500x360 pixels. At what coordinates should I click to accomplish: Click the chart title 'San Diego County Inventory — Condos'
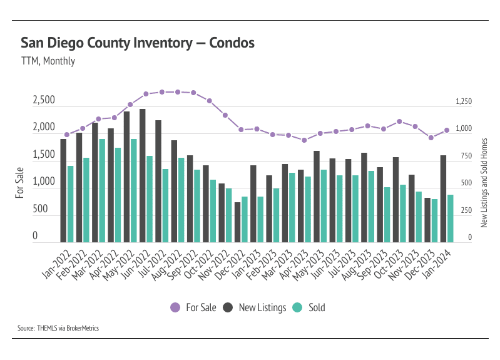pos(138,43)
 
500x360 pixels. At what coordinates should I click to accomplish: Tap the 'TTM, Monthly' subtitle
pos(48,61)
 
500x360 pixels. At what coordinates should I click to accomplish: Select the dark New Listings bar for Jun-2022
pos(143,175)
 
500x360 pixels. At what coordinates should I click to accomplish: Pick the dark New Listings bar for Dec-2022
pos(238,222)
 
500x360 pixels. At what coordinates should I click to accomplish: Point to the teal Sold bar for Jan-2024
pos(451,218)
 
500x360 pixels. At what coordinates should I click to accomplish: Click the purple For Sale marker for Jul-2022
pos(162,92)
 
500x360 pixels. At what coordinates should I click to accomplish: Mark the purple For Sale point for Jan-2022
pos(66,135)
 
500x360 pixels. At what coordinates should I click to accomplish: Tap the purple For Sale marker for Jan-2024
pos(447,130)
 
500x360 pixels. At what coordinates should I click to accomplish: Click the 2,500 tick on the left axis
pos(44,101)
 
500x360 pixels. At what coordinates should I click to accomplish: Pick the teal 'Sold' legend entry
pos(310,307)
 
